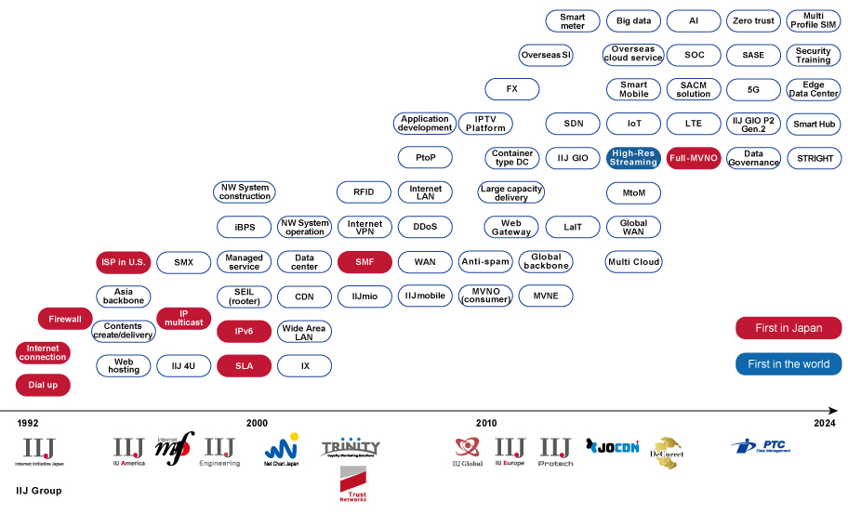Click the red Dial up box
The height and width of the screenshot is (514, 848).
[x=43, y=385]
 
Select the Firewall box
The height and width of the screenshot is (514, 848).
[x=65, y=319]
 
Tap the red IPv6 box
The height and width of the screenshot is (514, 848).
[x=245, y=331]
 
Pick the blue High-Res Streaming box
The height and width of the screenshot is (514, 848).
[x=633, y=158]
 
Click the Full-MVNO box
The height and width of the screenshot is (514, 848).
[x=694, y=158]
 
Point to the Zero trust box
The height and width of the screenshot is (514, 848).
[x=753, y=20]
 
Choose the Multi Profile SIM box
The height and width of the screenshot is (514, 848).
[x=814, y=20]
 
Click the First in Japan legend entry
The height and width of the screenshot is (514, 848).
[x=788, y=328]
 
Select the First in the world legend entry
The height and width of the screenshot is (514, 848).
[x=788, y=363]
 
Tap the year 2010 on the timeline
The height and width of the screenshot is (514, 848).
[x=486, y=424]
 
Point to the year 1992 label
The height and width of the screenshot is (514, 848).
[x=28, y=424]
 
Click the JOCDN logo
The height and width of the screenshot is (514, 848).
[x=613, y=447]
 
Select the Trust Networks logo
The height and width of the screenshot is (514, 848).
[x=353, y=483]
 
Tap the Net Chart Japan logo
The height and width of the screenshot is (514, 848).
[x=281, y=449]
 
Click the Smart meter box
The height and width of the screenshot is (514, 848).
[x=573, y=20]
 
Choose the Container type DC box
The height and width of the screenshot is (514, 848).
[x=512, y=158]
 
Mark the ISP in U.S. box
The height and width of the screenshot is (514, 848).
[x=124, y=262]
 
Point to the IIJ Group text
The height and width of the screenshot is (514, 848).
[x=39, y=491]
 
